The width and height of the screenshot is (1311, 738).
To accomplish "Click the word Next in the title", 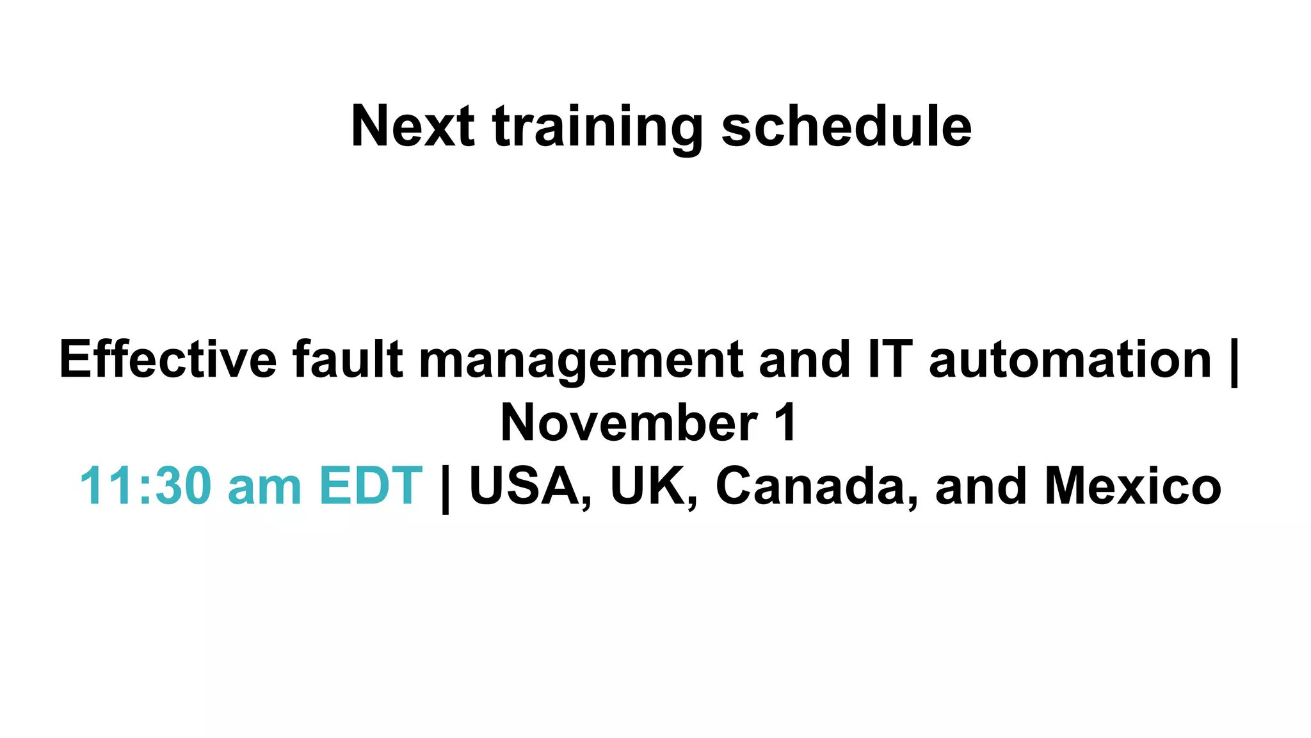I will tap(412, 126).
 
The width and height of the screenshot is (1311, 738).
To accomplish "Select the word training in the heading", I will tap(598, 128).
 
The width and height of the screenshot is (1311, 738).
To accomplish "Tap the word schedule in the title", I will tap(846, 126).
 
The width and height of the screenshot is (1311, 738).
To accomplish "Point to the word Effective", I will tap(168, 359).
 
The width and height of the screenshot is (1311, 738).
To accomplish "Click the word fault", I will tap(348, 359).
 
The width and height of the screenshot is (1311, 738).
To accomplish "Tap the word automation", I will tap(1070, 359).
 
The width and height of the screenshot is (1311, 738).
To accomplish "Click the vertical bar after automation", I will tap(1234, 363).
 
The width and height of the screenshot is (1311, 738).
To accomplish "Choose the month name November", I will tap(629, 423).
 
